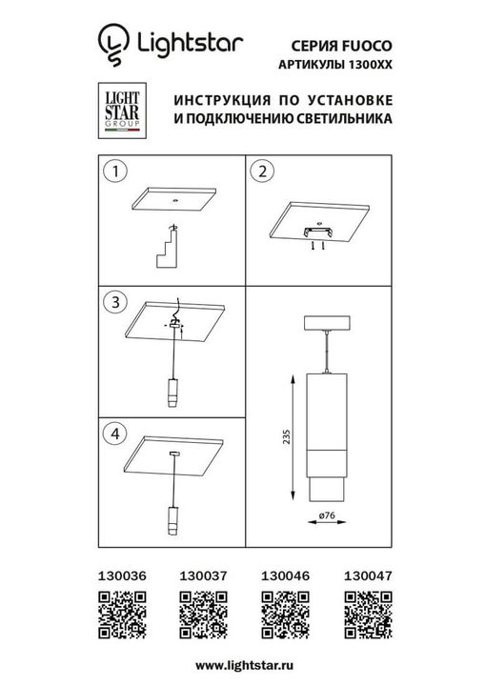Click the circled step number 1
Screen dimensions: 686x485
115,172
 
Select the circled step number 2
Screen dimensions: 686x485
263,172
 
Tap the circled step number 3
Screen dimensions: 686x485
115,303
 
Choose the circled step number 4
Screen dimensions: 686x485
115,432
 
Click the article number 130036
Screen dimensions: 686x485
120,575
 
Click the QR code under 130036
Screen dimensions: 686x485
121,611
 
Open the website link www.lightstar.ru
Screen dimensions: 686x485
242,663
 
